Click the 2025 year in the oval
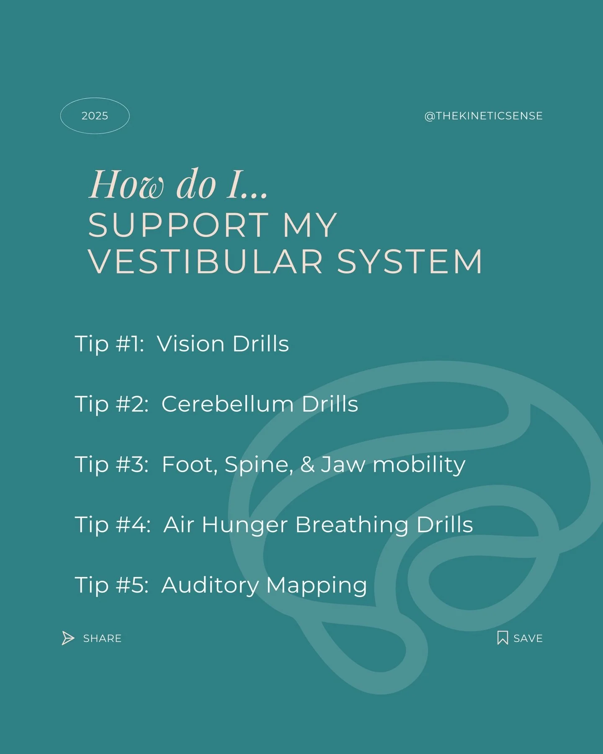coord(95,116)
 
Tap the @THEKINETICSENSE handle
coord(483,116)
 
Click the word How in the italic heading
coord(126,185)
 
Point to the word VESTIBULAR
coord(205,262)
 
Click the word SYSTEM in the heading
coord(410,262)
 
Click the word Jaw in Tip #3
coord(343,464)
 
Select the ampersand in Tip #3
coord(307,464)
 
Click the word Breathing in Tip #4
coord(351,525)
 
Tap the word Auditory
coord(210,585)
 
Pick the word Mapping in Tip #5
coord(317,585)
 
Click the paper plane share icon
coord(68,638)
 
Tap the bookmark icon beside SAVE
coord(502,638)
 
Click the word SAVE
coord(528,638)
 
